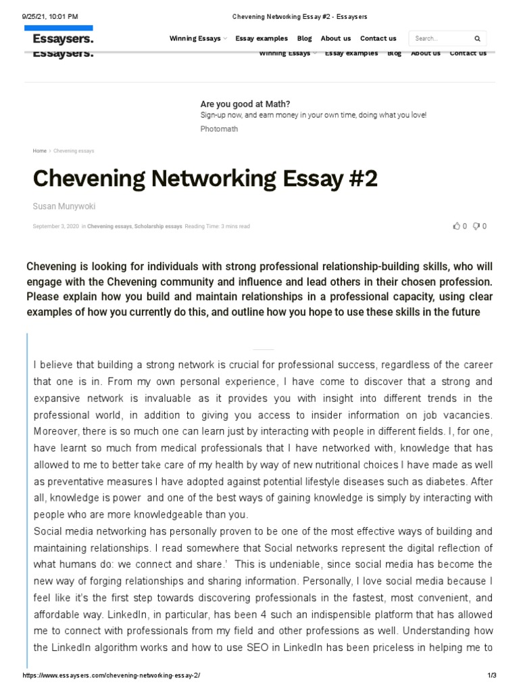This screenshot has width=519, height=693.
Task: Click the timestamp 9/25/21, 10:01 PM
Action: tap(50, 16)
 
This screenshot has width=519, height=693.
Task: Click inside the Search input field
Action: tap(439, 39)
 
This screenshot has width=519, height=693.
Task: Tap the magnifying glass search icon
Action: tap(477, 39)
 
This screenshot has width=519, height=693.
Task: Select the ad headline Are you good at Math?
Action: tap(245, 104)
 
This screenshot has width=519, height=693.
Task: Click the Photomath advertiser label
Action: tap(219, 129)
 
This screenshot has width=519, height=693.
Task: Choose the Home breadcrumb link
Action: tap(39, 151)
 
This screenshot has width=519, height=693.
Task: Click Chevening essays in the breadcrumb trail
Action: tap(74, 151)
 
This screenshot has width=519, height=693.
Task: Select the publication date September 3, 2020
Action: tap(55, 226)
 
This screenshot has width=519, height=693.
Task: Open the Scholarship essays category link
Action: tap(159, 226)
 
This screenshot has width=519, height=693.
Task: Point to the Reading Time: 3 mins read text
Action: tap(217, 226)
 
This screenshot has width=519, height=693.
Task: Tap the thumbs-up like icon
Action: tap(456, 226)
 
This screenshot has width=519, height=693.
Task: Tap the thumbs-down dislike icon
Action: tap(476, 226)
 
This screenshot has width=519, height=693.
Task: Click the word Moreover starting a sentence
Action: tap(57, 430)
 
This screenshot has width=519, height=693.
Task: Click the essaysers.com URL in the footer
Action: tap(112, 676)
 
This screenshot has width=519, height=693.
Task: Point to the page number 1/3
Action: tap(491, 676)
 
